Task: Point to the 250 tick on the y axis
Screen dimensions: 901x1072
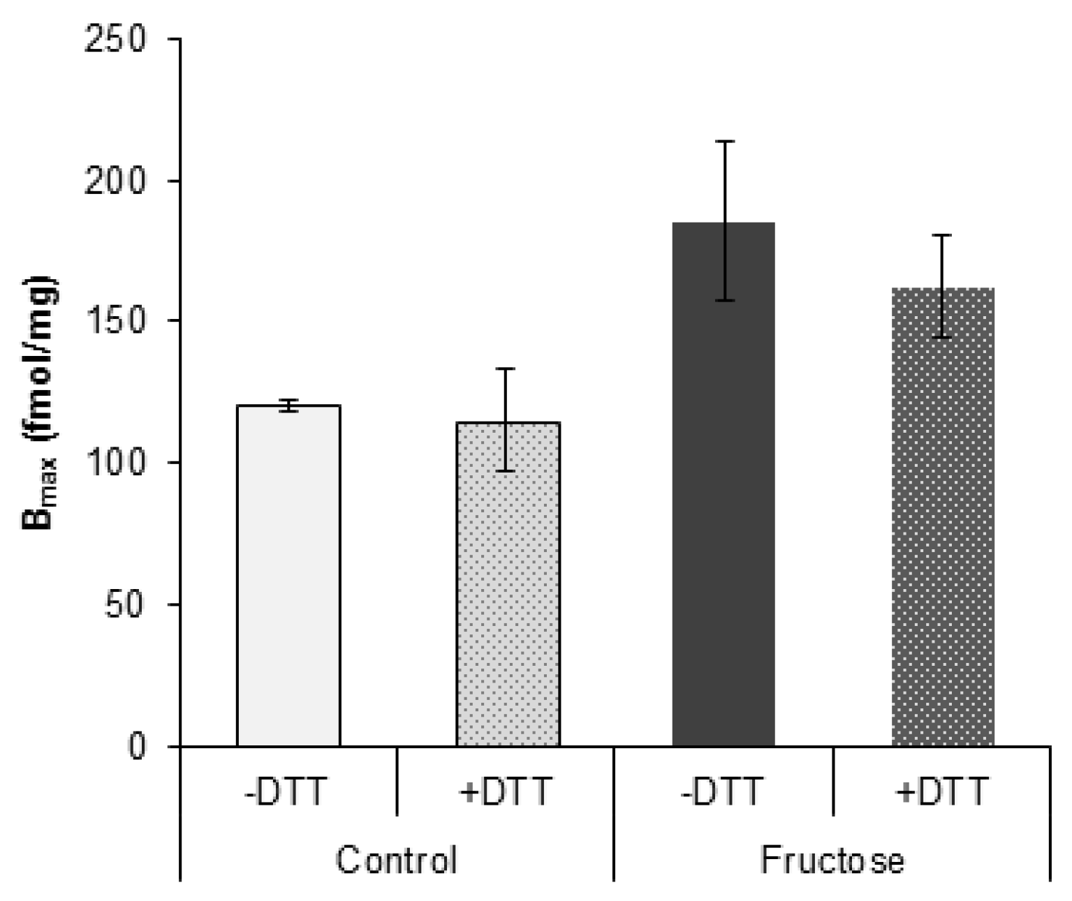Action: click(x=115, y=39)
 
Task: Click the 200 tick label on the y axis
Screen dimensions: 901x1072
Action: click(x=115, y=181)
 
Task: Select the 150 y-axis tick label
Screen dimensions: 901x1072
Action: click(x=115, y=321)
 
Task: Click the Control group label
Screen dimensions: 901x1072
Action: click(x=396, y=860)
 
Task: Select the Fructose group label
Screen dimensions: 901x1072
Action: click(x=832, y=860)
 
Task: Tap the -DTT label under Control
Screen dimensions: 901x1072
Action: click(x=286, y=792)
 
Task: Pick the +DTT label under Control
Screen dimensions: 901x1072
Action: click(x=506, y=792)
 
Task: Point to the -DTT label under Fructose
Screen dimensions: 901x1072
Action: click(x=721, y=792)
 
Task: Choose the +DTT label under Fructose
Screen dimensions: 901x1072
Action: click(x=942, y=792)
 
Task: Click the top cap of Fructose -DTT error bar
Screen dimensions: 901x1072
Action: click(x=724, y=142)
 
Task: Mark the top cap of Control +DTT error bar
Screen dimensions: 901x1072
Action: click(x=506, y=368)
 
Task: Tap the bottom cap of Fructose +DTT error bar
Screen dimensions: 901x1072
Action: click(x=942, y=338)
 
